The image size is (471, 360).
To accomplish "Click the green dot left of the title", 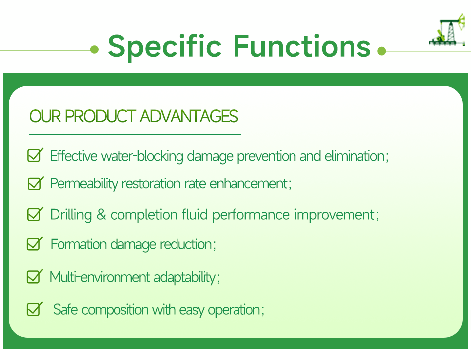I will [95, 50].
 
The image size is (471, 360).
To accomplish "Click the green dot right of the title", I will [381, 51].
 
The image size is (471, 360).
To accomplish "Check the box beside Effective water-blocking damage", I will [34, 155].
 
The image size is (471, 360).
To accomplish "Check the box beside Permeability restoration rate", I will [34, 183].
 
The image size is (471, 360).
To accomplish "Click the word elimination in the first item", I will [354, 156].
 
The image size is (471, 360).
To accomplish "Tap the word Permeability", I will [84, 184].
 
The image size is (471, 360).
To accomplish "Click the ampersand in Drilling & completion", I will [101, 215].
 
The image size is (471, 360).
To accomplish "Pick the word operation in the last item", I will [234, 310].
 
